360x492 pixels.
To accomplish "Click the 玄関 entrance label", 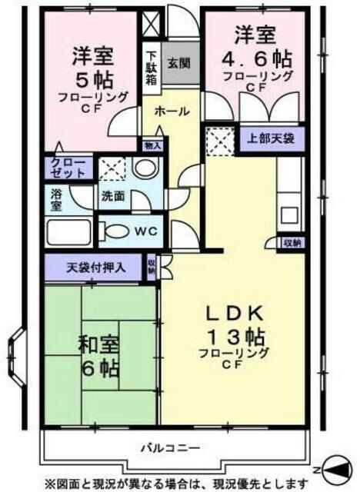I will pos(176,63).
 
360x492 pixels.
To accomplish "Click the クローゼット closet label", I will pos(70,168).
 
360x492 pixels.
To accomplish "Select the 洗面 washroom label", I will pos(114,195).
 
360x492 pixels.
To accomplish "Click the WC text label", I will pos(144,231).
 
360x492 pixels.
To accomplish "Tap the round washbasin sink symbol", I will pos(142,168).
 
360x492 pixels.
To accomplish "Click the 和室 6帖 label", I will pos(98,356).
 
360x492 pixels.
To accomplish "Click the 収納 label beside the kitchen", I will pos(292,242).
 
